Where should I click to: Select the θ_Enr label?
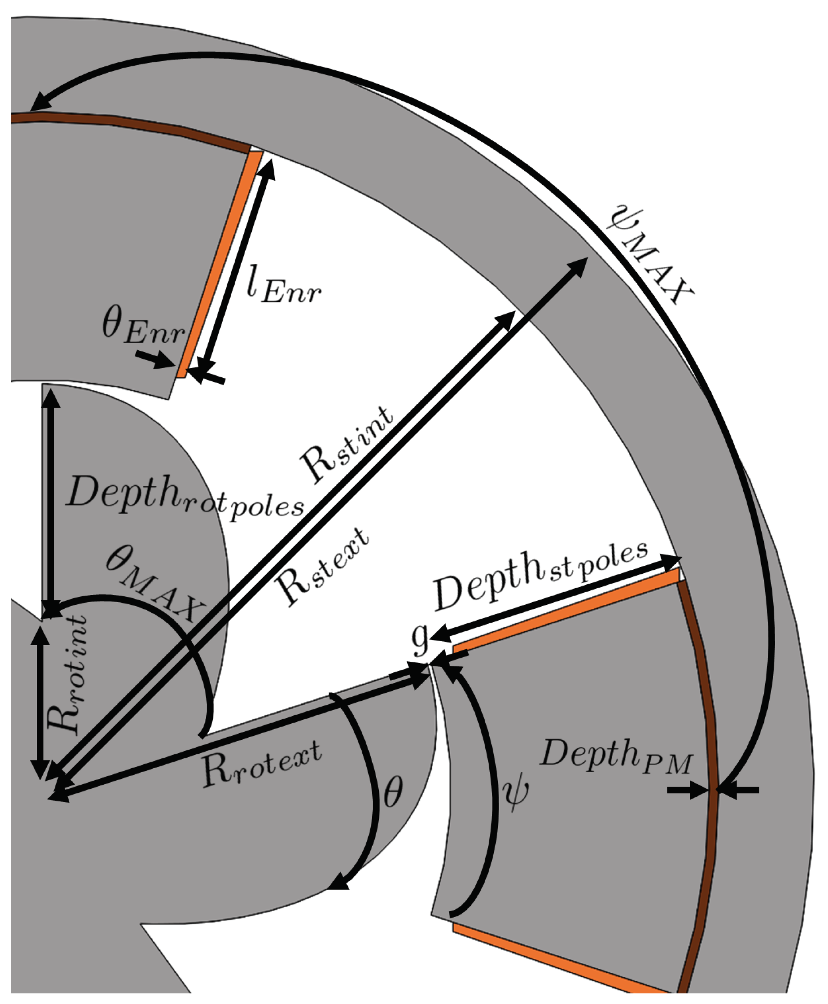[143, 327]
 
